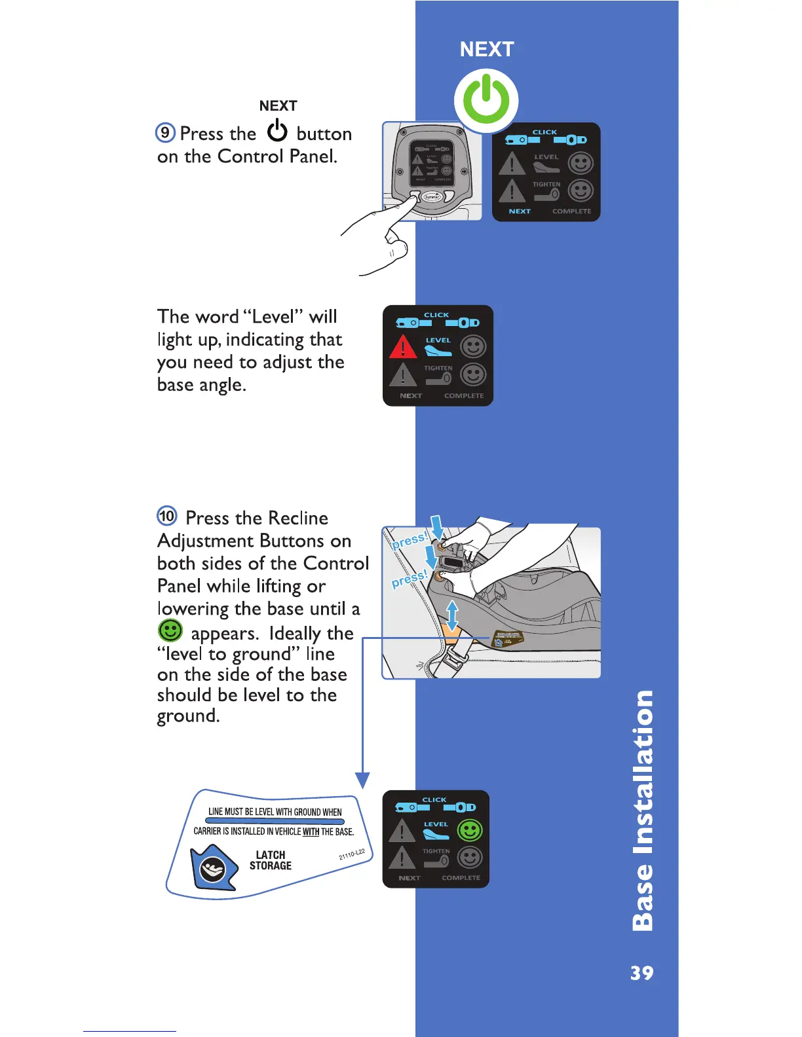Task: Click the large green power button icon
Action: tap(486, 100)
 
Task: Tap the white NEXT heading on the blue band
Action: tap(487, 49)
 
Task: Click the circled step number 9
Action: tap(165, 132)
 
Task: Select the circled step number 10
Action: tap(167, 516)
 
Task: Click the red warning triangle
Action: tap(403, 346)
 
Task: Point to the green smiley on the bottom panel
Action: tap(469, 830)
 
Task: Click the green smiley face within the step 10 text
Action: tap(170, 631)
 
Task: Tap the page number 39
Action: tap(641, 973)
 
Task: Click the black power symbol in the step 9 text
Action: tap(277, 131)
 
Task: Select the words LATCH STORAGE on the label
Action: tap(271, 860)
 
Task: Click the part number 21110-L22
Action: tap(352, 854)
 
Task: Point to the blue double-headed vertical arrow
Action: tap(452, 615)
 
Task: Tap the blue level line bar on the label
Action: tap(275, 822)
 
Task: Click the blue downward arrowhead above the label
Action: tap(362, 780)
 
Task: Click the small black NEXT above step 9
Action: tap(278, 106)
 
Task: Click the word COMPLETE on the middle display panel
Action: tap(464, 395)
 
